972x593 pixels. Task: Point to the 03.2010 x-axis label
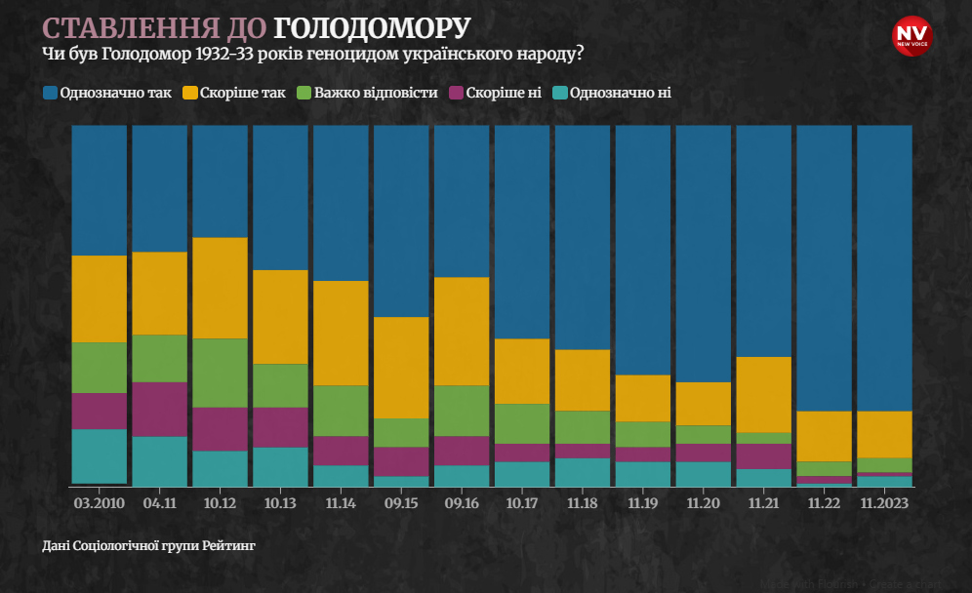tap(99, 503)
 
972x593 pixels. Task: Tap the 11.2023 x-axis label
tap(884, 503)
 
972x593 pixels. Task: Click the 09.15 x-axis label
tap(401, 503)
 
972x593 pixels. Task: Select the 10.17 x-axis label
tap(522, 503)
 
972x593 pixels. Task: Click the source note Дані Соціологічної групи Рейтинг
tap(148, 545)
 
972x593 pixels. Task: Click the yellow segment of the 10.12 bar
tap(220, 288)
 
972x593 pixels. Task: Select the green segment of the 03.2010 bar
tap(99, 368)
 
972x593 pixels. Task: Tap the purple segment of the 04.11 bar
tap(159, 409)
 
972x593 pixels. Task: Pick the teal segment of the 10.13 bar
tap(280, 465)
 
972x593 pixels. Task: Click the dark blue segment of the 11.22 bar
tap(824, 268)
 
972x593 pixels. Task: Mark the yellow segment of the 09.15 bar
tap(401, 368)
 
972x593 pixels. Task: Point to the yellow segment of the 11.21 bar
tap(763, 394)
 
